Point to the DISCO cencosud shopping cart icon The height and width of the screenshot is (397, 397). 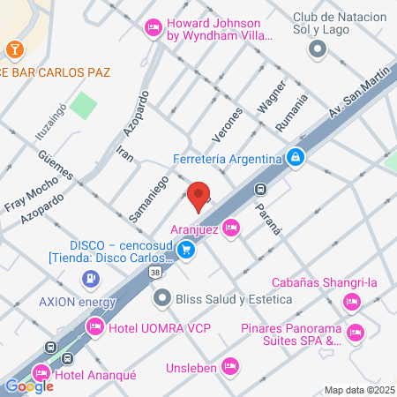pyautogui.click(x=185, y=251)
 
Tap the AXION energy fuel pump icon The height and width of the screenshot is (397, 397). pyautogui.click(x=90, y=280)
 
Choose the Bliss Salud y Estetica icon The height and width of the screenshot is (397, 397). pyautogui.click(x=162, y=299)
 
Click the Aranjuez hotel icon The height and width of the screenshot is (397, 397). pyautogui.click(x=231, y=228)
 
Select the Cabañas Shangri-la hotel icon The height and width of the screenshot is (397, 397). pyautogui.click(x=352, y=303)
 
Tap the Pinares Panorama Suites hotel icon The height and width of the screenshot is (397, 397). pyautogui.click(x=356, y=333)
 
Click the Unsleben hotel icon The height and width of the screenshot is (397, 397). pyautogui.click(x=231, y=364)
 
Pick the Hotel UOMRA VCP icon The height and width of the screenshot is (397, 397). pyautogui.click(x=94, y=328)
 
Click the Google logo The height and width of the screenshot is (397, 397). pyautogui.click(x=29, y=386)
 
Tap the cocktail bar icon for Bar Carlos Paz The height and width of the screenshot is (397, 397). pyautogui.click(x=14, y=48)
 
